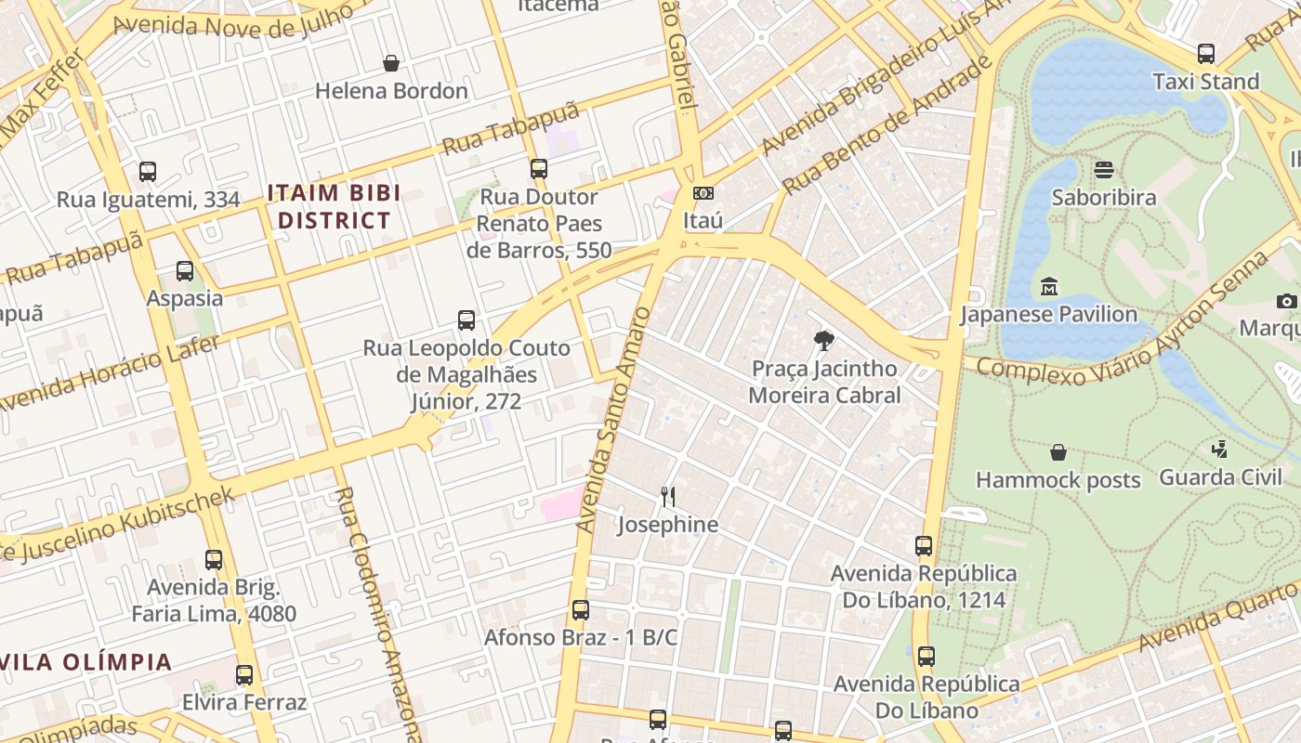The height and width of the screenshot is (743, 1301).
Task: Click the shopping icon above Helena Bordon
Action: click(391, 63)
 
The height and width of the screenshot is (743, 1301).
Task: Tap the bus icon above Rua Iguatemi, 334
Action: click(148, 172)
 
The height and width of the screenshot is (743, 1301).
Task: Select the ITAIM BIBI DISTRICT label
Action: click(334, 207)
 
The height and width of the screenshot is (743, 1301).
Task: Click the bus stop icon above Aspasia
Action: click(185, 271)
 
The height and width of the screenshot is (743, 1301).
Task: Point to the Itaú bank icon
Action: click(703, 193)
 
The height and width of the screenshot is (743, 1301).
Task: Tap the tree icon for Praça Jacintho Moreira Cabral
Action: click(823, 341)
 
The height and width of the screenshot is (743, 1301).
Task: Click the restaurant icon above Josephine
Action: click(667, 497)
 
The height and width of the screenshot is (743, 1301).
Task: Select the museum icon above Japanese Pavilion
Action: click(1048, 286)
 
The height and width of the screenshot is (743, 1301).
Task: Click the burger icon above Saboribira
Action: click(1104, 170)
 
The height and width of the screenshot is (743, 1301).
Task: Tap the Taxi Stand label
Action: click(1205, 82)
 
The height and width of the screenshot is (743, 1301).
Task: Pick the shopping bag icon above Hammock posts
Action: click(1058, 452)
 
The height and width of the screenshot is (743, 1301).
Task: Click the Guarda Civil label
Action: click(1220, 477)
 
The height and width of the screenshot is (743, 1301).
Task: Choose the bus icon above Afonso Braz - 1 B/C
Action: click(580, 610)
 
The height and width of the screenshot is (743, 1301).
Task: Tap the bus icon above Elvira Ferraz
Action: click(243, 675)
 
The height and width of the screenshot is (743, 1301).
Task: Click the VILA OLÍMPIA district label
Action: click(86, 662)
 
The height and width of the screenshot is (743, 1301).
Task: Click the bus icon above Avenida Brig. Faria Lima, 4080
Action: click(214, 560)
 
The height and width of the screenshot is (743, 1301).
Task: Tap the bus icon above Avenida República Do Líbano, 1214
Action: click(923, 546)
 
